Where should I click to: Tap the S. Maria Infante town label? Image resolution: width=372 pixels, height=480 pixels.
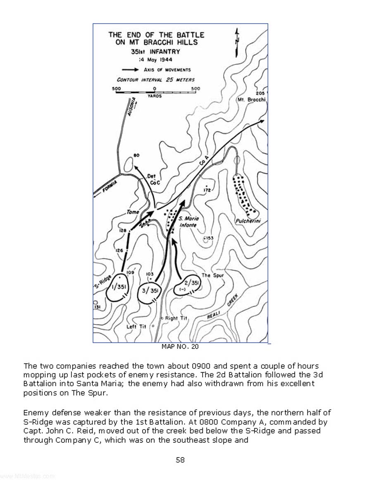coord(188,222)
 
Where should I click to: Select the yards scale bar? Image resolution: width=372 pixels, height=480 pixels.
coord(156,92)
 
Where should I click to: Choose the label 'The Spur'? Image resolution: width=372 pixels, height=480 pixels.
coord(212,275)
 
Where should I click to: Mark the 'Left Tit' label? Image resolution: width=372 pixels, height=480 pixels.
coord(136,327)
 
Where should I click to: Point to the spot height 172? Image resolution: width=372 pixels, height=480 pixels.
coord(207,190)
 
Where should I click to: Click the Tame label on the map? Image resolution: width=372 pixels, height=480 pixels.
coord(133,212)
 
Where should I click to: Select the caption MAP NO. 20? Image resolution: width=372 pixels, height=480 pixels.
coord(180,346)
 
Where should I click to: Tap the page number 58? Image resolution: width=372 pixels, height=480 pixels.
coord(180,460)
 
